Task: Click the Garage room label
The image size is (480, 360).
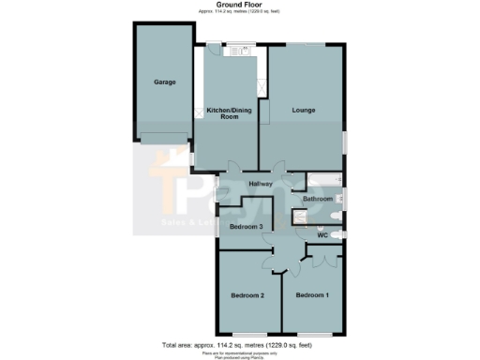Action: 164,82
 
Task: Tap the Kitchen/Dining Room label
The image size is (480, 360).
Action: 227,114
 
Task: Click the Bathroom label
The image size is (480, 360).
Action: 317,199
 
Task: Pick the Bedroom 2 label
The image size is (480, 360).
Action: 248,295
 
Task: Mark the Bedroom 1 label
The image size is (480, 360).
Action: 312,295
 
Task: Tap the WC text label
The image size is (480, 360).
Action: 322,235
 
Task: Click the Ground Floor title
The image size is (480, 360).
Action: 239,5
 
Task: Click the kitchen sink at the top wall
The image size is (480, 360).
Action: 233,52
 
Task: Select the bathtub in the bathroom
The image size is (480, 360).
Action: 324,179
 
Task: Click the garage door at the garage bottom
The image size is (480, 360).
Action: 164,141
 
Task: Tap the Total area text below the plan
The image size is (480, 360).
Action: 239,344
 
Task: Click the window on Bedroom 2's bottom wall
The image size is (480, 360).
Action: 247,335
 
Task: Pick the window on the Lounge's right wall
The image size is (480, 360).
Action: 344,140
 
